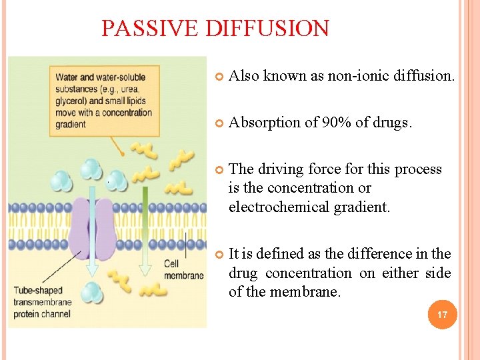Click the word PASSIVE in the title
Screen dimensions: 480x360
tap(151, 29)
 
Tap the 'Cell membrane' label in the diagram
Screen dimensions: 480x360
tap(183, 269)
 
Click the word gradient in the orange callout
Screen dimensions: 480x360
tap(71, 124)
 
